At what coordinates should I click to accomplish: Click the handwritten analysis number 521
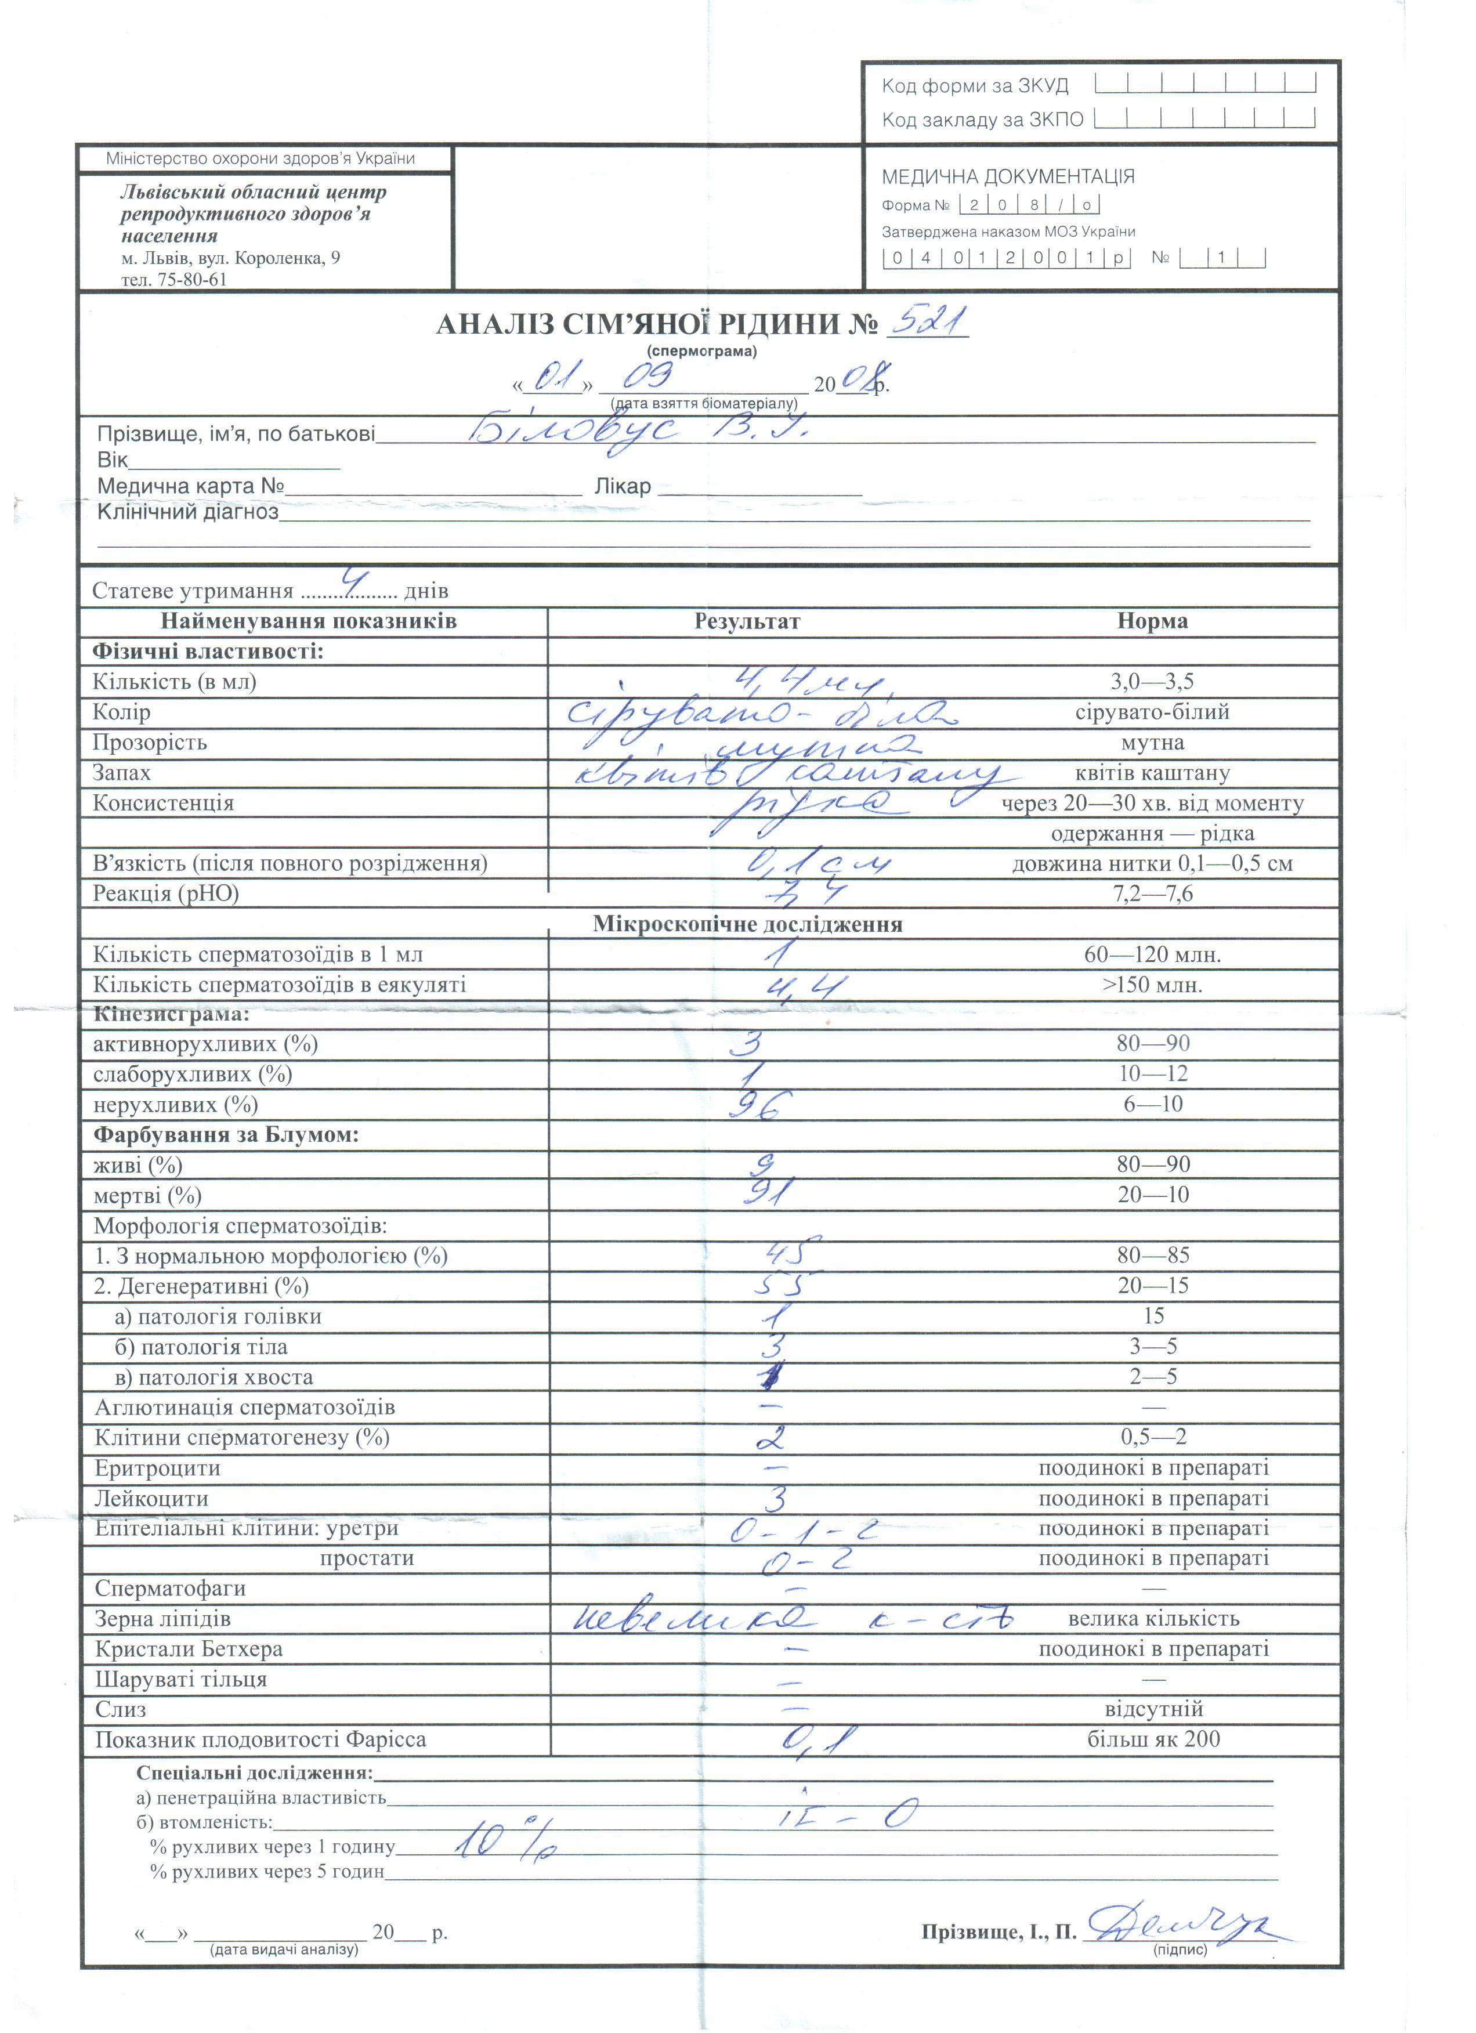[x=927, y=320]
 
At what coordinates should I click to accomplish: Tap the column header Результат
[x=747, y=621]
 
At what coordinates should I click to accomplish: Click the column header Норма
[x=1152, y=621]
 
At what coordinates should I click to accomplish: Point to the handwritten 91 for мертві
[x=768, y=1193]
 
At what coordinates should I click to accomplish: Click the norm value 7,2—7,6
[x=1152, y=893]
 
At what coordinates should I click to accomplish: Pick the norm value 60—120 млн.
[x=1152, y=954]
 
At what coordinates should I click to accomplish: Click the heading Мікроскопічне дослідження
[x=747, y=924]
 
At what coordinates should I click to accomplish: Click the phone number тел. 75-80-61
[x=174, y=280]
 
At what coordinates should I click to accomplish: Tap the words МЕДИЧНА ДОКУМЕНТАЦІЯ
[x=1007, y=176]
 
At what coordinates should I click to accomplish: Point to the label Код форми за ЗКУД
[x=975, y=86]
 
